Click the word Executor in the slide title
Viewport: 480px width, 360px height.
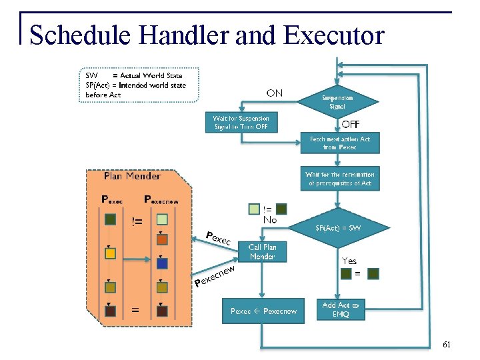pyautogui.click(x=333, y=35)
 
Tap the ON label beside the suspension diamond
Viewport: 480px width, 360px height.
pyautogui.click(x=274, y=93)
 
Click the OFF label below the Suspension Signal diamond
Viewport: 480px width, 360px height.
pyautogui.click(x=351, y=125)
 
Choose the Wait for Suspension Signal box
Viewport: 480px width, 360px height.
pyautogui.click(x=241, y=123)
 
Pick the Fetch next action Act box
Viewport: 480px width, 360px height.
pyautogui.click(x=339, y=143)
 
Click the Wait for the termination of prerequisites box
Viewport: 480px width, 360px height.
pyautogui.click(x=339, y=179)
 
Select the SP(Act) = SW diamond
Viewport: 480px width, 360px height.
pyautogui.click(x=338, y=228)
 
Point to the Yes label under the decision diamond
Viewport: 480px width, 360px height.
pyautogui.click(x=349, y=261)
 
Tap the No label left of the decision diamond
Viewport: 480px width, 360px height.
pyautogui.click(x=270, y=219)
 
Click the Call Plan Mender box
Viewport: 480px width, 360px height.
pyautogui.click(x=262, y=251)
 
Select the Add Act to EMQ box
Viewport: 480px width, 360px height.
pyautogui.click(x=340, y=309)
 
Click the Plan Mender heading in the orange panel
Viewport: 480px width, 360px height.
pyautogui.click(x=132, y=177)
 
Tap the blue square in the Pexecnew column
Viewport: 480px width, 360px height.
pyautogui.click(x=162, y=263)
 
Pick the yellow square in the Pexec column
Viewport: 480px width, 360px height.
pyautogui.click(x=111, y=253)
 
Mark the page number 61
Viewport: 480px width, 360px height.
pyautogui.click(x=447, y=345)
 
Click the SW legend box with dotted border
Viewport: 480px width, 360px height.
pyautogui.click(x=139, y=85)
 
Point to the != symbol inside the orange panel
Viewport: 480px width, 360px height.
pyautogui.click(x=137, y=221)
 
